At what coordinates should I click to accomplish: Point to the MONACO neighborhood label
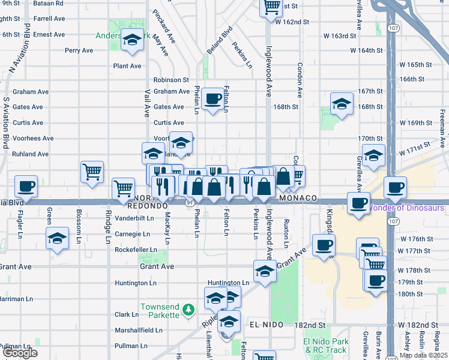tap(297, 198)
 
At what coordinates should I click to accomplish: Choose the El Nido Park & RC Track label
tap(325, 346)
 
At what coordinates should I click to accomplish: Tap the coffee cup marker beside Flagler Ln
tap(26, 186)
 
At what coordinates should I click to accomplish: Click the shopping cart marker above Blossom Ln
tap(92, 171)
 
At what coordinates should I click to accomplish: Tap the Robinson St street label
tap(171, 79)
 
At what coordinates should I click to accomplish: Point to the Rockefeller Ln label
tap(136, 250)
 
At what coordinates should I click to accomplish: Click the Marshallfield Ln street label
tap(139, 330)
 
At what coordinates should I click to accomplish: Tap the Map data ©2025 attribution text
tap(423, 355)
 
